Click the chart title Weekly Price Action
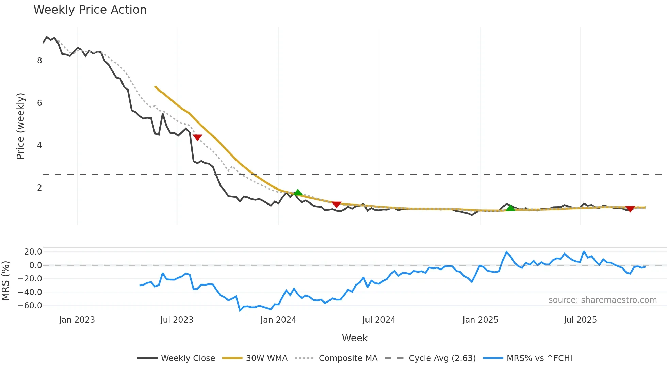click(90, 10)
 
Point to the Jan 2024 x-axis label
click(278, 320)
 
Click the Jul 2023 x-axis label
click(177, 320)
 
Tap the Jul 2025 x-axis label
click(580, 320)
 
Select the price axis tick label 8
click(39, 61)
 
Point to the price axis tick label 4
click(39, 145)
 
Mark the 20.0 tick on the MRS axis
click(33, 252)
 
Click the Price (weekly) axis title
click(20, 126)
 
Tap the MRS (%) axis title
click(5, 281)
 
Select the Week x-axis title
click(355, 338)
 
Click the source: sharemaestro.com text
click(602, 300)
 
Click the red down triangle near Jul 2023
click(197, 137)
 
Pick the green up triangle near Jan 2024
click(298, 193)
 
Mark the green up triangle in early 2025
click(510, 208)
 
